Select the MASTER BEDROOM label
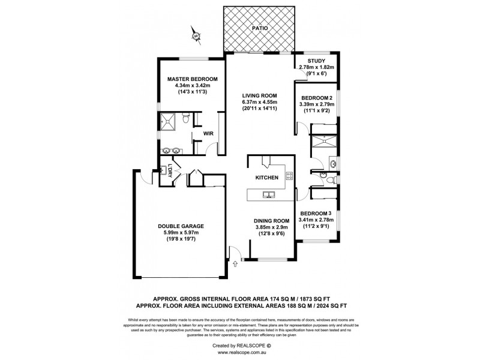192,79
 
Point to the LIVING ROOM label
259,95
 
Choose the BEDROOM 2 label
317,98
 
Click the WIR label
209,133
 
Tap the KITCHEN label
266,178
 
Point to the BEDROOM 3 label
316,214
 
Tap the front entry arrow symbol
235,261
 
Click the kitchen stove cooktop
289,176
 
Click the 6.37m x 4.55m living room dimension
259,102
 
